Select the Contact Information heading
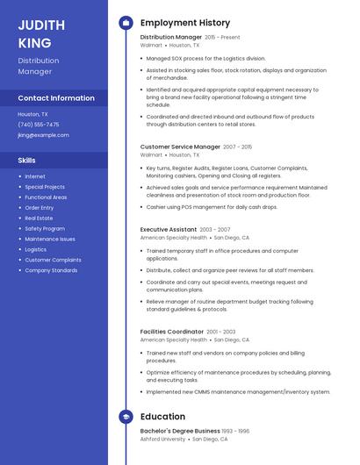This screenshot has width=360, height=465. tap(56, 98)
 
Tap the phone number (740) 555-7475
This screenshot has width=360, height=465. tap(39, 125)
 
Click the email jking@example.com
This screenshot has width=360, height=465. tap(43, 135)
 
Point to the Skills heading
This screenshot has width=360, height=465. tap(27, 161)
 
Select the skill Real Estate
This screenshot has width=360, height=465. tap(40, 218)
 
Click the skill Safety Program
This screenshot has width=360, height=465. tap(45, 228)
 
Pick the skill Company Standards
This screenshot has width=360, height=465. tap(51, 270)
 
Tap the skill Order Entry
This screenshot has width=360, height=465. tap(40, 207)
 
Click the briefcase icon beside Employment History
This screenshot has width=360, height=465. tap(126, 23)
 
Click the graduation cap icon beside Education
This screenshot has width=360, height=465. tap(126, 417)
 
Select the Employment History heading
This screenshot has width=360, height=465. tap(185, 23)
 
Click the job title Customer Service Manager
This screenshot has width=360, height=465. tap(180, 147)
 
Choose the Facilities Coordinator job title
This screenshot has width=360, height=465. tap(172, 332)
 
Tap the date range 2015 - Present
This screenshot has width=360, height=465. tap(222, 39)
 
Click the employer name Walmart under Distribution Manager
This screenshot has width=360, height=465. tap(151, 46)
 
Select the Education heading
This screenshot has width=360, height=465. tap(162, 417)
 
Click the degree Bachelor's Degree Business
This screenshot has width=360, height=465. tap(180, 431)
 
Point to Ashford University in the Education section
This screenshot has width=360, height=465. tap(163, 439)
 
